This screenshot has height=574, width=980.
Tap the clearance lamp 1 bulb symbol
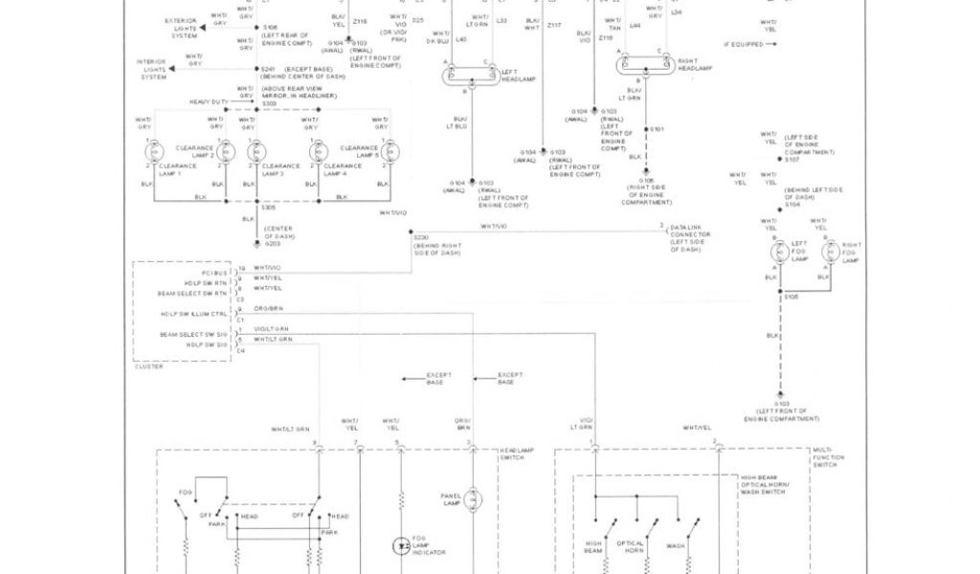tap(153, 152)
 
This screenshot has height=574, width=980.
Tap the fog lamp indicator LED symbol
tap(401, 546)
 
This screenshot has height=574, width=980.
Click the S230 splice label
tap(421, 235)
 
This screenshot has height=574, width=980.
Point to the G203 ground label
tap(273, 243)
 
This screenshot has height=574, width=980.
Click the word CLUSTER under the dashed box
tap(149, 366)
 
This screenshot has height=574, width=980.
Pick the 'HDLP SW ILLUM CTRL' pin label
tap(194, 313)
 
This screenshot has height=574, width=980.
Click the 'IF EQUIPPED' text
tap(744, 45)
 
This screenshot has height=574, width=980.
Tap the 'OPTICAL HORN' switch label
tap(630, 547)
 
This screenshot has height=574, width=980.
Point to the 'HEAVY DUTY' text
tap(209, 101)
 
